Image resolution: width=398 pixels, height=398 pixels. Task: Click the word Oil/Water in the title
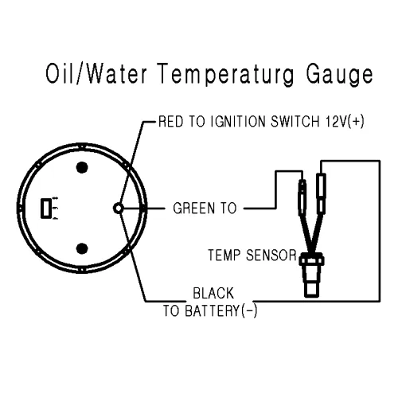96,73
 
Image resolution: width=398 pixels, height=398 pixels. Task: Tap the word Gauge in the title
340,75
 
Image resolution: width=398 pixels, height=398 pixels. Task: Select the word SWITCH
295,122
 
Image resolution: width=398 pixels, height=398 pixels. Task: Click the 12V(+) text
345,122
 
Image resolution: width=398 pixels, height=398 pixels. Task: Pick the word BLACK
213,294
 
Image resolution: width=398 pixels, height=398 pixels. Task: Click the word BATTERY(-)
220,310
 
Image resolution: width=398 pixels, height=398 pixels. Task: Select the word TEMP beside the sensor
224,256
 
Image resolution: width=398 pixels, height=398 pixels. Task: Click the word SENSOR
271,256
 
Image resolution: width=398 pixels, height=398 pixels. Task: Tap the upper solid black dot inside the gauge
82,167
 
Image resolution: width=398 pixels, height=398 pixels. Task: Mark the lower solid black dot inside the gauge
82,248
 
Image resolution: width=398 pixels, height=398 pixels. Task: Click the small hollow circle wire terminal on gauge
119,209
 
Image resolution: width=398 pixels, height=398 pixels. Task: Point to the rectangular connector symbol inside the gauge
46,209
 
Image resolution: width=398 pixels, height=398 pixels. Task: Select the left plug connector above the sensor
302,197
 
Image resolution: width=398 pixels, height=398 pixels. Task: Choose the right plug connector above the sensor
321,193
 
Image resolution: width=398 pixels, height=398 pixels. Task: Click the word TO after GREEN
228,209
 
